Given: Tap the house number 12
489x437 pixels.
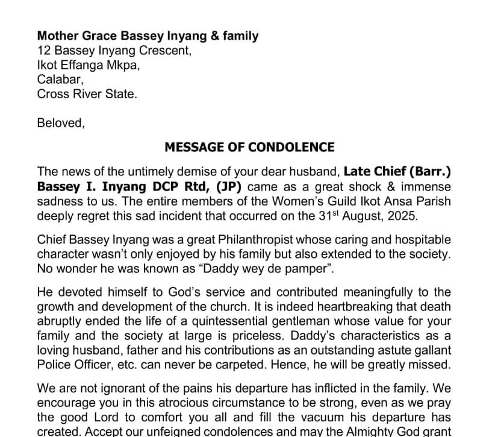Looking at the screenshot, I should coord(43,51).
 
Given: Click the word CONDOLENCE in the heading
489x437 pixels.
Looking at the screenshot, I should coord(291,147).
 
